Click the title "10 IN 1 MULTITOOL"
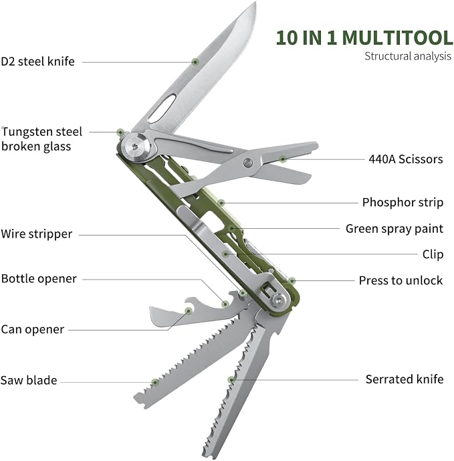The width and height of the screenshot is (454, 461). click(364, 37)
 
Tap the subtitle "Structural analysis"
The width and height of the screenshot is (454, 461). click(408, 56)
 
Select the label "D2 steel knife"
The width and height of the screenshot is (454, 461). click(37, 62)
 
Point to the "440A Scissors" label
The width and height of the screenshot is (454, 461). click(406, 159)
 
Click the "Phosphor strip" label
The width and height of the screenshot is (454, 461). click(403, 203)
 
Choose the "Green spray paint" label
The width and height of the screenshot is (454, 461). click(394, 229)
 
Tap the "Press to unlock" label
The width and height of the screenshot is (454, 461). click(401, 280)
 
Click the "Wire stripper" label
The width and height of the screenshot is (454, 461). click(36, 234)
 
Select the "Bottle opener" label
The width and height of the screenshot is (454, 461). click(39, 279)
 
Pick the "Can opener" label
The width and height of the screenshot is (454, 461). click(32, 330)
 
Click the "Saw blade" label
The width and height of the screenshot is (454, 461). click(29, 380)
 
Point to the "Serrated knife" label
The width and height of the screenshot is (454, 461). click(405, 379)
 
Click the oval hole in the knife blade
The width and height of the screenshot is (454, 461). click(162, 108)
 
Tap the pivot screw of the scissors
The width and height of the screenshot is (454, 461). click(248, 163)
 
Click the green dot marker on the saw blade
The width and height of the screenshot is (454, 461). click(155, 383)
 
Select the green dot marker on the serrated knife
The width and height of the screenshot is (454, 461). click(231, 380)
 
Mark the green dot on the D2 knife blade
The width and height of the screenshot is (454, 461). click(195, 62)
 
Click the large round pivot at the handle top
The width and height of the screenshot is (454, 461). click(136, 147)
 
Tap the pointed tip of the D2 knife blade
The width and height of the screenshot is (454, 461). click(255, 3)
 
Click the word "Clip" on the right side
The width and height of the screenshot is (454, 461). click(433, 255)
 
